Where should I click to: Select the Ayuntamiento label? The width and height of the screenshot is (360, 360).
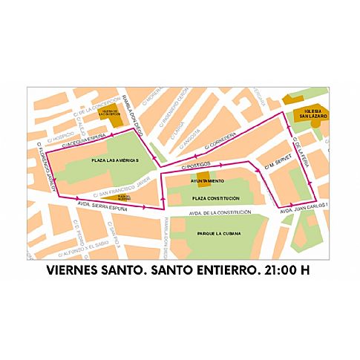pyautogui.click(x=208, y=181)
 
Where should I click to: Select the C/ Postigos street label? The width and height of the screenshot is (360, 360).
pyautogui.click(x=196, y=164)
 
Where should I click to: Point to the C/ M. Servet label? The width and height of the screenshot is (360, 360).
pyautogui.click(x=275, y=165)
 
